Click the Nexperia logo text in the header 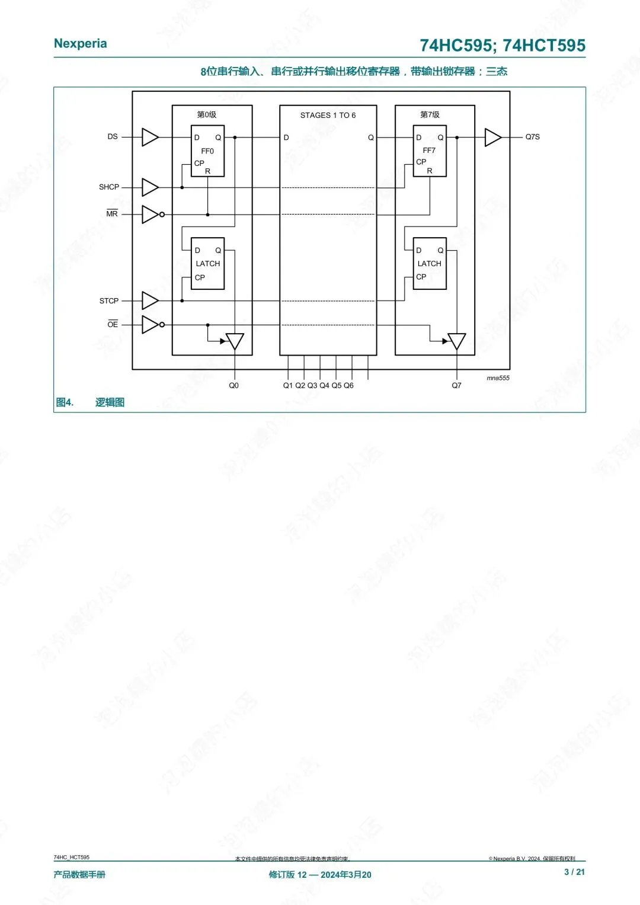tap(81, 43)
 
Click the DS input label tap(113, 136)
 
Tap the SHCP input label tap(109, 187)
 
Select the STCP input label tap(109, 300)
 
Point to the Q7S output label tap(532, 137)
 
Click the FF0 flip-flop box tap(207, 151)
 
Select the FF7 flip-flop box tap(430, 151)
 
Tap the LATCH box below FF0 tap(207, 264)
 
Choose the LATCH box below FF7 tap(430, 264)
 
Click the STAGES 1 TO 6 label tap(328, 115)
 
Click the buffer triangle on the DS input tap(149, 137)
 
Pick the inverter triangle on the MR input tap(150, 214)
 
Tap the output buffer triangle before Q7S tap(492, 137)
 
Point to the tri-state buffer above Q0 tap(235, 341)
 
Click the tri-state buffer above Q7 tap(457, 341)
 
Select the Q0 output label tap(234, 385)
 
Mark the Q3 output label tap(312, 385)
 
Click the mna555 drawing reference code tap(498, 378)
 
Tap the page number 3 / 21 tap(574, 872)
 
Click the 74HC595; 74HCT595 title tap(503, 46)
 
